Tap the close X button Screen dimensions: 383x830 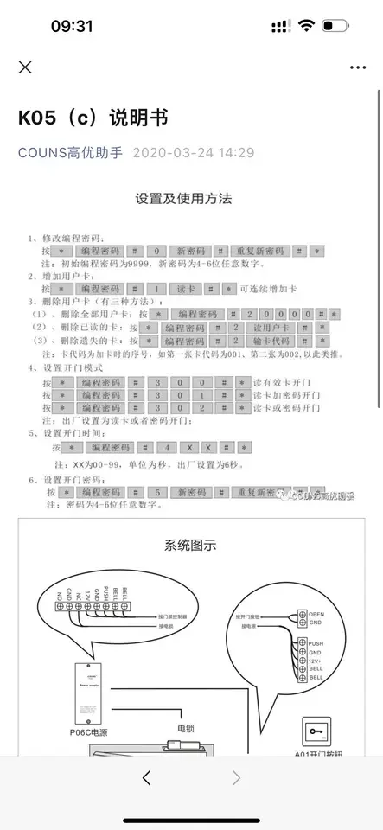pos(25,67)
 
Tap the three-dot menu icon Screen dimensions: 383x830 pos(358,67)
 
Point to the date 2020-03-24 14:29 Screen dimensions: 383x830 pos(194,152)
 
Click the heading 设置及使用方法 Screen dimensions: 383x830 pos(183,198)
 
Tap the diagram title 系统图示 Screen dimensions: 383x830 pos(190,546)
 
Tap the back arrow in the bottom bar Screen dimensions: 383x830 pos(146,778)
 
